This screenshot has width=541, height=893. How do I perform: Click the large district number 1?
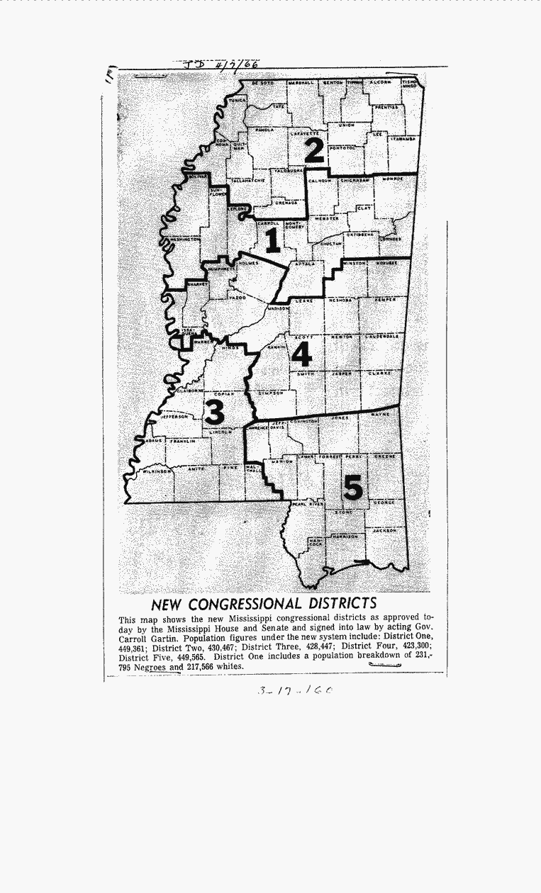tap(272, 240)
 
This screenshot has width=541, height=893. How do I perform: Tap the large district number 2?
tap(314, 150)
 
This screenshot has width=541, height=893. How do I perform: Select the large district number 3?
tap(214, 412)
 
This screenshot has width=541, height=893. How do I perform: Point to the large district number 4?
tap(302, 354)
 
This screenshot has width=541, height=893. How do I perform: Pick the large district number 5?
tap(352, 488)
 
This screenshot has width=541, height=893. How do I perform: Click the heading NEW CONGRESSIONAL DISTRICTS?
tap(264, 604)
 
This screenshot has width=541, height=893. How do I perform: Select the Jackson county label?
tap(385, 529)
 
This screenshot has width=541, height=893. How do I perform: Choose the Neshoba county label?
tap(340, 301)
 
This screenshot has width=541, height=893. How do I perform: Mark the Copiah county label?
tap(223, 393)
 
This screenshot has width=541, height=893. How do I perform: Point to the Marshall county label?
tap(301, 84)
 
